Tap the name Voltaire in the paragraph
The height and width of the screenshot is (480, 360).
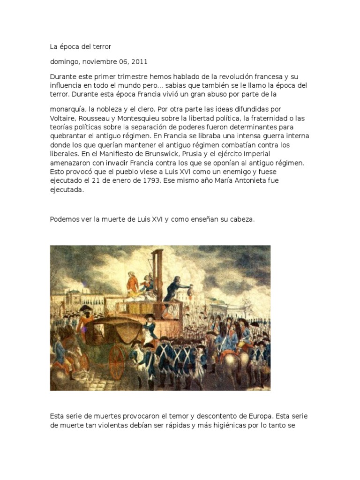pyautogui.click(x=64, y=119)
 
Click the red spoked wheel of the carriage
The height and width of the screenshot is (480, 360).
pyautogui.click(x=116, y=362)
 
